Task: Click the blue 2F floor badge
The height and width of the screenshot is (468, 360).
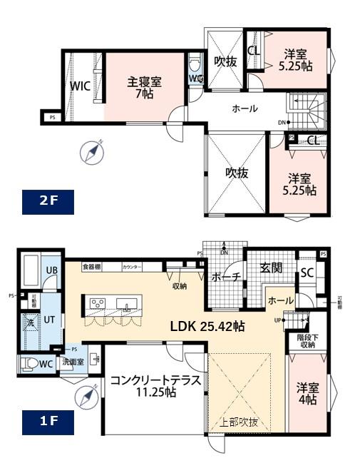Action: coord(48,202)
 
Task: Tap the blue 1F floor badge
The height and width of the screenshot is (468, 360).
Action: coord(48,421)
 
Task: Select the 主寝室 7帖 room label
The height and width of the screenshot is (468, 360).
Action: coord(145,87)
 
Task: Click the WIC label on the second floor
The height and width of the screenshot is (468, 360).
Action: coord(79,87)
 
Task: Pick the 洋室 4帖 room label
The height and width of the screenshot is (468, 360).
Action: coord(308,395)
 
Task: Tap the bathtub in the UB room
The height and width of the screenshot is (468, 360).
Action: coord(32,270)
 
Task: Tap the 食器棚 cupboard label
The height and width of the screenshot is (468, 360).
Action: coord(91,267)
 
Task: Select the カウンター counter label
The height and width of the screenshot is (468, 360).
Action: coord(132,267)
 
